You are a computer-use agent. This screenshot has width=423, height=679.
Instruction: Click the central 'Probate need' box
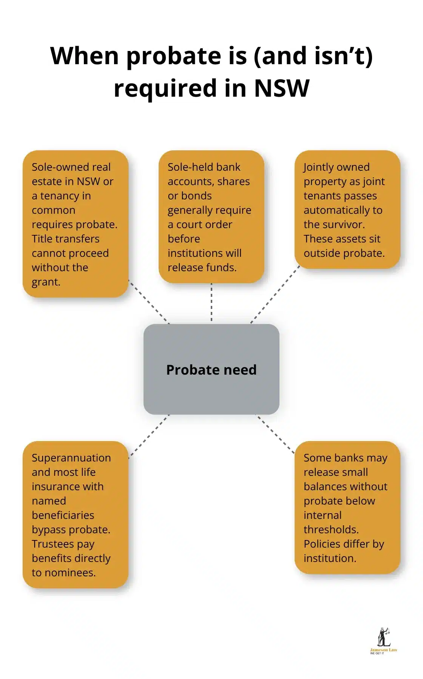tap(211, 369)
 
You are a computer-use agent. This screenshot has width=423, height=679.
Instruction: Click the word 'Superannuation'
tap(71, 458)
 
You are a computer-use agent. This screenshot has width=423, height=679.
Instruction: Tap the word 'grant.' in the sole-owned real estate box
tap(46, 282)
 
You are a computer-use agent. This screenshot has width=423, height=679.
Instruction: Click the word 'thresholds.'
tap(331, 529)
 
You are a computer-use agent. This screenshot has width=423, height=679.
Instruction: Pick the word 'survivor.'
tap(343, 224)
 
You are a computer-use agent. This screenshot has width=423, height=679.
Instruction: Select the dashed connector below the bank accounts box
tap(211, 302)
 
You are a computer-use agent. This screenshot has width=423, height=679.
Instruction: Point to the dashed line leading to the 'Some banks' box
tap(275, 434)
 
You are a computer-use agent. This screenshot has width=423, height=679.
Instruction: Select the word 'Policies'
tap(321, 544)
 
